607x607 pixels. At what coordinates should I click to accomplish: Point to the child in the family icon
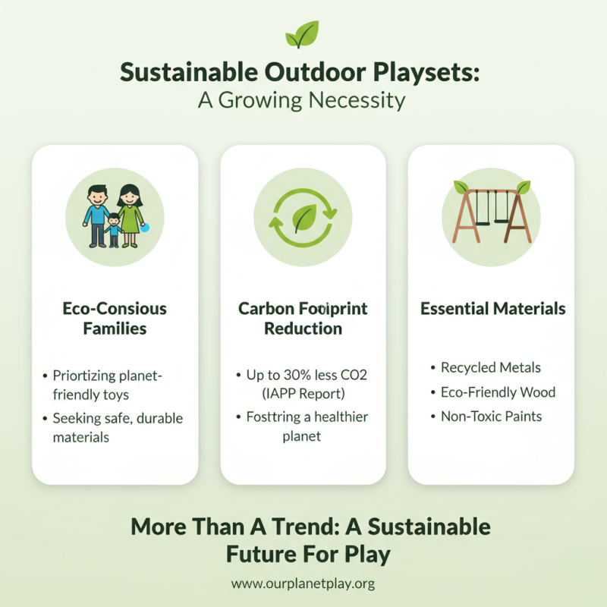(x=114, y=228)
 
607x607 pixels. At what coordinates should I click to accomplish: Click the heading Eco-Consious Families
(x=115, y=319)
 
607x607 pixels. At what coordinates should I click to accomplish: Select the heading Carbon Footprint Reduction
(x=303, y=319)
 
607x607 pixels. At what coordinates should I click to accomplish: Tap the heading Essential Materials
(x=492, y=309)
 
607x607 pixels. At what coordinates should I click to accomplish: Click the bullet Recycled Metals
(x=491, y=367)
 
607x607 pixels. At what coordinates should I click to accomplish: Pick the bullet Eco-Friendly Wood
(x=498, y=392)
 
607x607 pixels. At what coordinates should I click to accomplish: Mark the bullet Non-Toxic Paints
(x=491, y=417)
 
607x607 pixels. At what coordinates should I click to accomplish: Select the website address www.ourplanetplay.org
(x=303, y=584)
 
